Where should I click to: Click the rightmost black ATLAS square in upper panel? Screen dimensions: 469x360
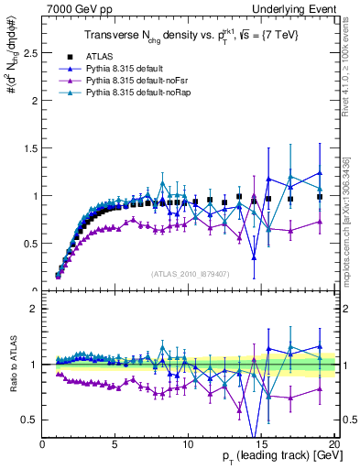coord(320,197)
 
